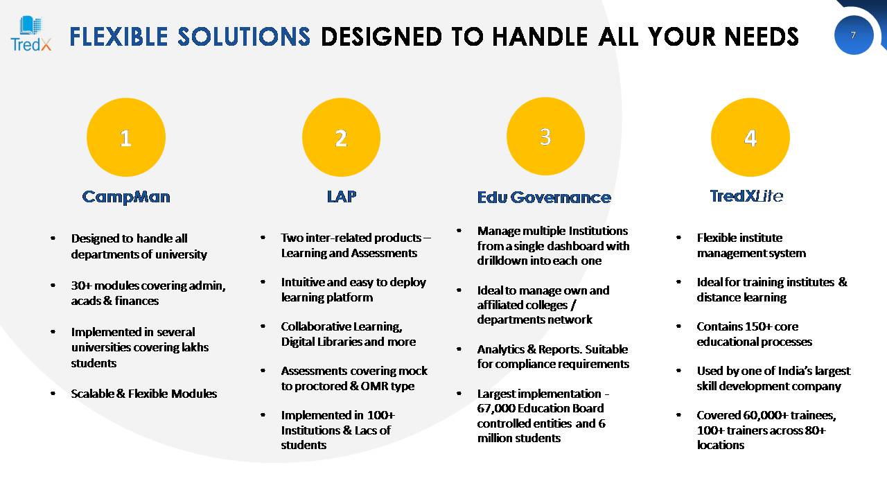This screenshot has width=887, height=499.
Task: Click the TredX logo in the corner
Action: (x=31, y=34)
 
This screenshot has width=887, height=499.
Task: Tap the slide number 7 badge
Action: (x=853, y=35)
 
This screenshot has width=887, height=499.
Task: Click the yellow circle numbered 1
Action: (x=126, y=137)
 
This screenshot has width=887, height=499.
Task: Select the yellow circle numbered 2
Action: (x=341, y=137)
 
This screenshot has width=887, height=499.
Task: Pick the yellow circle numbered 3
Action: (x=545, y=137)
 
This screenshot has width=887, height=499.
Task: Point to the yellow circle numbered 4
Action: (x=750, y=137)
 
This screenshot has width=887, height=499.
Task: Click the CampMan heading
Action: (x=126, y=197)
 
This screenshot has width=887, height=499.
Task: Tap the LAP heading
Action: (x=342, y=196)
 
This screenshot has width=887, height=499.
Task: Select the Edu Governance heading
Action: (x=544, y=198)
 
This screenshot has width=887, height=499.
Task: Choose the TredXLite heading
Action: (x=746, y=196)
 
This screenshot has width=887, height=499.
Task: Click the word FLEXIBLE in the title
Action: (x=118, y=37)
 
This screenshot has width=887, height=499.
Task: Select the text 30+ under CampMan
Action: (x=81, y=286)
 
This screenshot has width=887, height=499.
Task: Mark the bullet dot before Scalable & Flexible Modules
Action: (x=53, y=393)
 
